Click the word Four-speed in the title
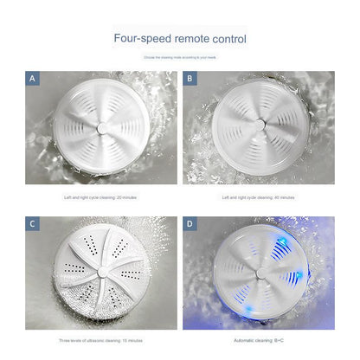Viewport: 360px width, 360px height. (141, 40)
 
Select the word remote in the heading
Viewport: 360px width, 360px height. (192, 40)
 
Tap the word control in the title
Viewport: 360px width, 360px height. (229, 40)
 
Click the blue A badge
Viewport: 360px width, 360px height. (33, 79)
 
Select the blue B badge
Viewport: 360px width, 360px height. (190, 79)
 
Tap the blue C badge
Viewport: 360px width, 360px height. (33, 224)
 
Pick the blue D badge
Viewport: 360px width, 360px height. (190, 224)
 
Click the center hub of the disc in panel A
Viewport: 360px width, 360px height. (100, 126)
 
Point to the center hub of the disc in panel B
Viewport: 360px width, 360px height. (258, 126)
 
